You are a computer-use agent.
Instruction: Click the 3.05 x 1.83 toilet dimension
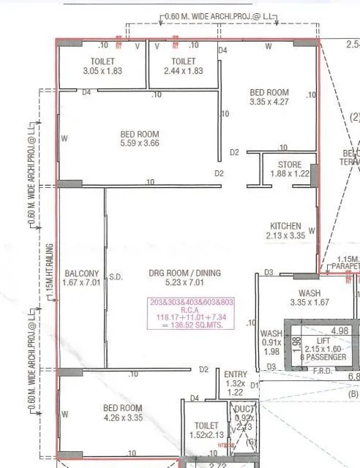coord(102,71)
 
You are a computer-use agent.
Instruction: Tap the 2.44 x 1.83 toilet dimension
coord(184,71)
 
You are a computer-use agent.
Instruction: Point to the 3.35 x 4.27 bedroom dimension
coord(269,103)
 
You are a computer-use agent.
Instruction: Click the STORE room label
coord(290,164)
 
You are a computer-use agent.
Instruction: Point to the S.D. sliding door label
coord(116,277)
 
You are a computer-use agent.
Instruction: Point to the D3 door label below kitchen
coord(269,273)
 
